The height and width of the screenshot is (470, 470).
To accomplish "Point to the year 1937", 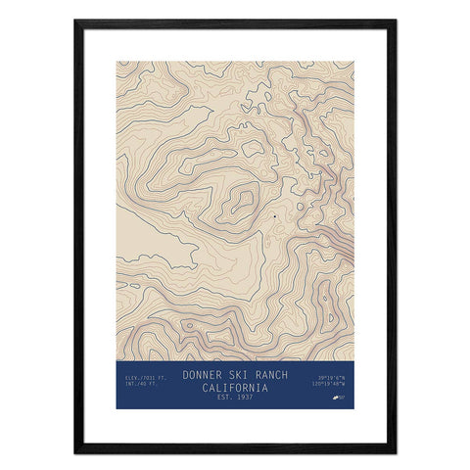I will click(x=245, y=397).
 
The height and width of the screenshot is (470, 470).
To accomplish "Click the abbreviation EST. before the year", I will click(x=223, y=397).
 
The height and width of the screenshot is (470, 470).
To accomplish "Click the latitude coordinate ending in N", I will click(x=333, y=377).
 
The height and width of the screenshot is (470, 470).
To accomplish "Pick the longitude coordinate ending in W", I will click(x=333, y=384).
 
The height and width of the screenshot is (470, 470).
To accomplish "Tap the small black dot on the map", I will click(x=276, y=214).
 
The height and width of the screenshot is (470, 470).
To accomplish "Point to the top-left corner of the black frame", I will click(x=75, y=21).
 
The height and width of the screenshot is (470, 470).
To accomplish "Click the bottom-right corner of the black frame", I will click(x=395, y=451).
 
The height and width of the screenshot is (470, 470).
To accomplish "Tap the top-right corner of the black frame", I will click(x=395, y=21).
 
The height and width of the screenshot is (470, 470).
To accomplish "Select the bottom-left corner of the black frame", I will click(x=75, y=451).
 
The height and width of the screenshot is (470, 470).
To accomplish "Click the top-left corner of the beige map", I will click(x=117, y=63).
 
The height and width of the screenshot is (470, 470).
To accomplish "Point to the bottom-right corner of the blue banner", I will click(x=353, y=407).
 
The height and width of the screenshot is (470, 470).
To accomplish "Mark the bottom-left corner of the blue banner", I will click(x=117, y=407).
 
